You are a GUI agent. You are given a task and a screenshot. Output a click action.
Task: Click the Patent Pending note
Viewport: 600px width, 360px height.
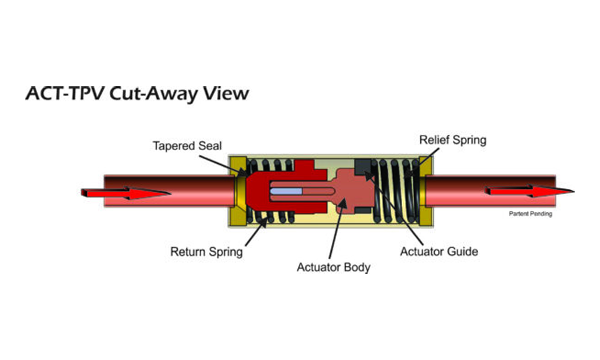point(530,213)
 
